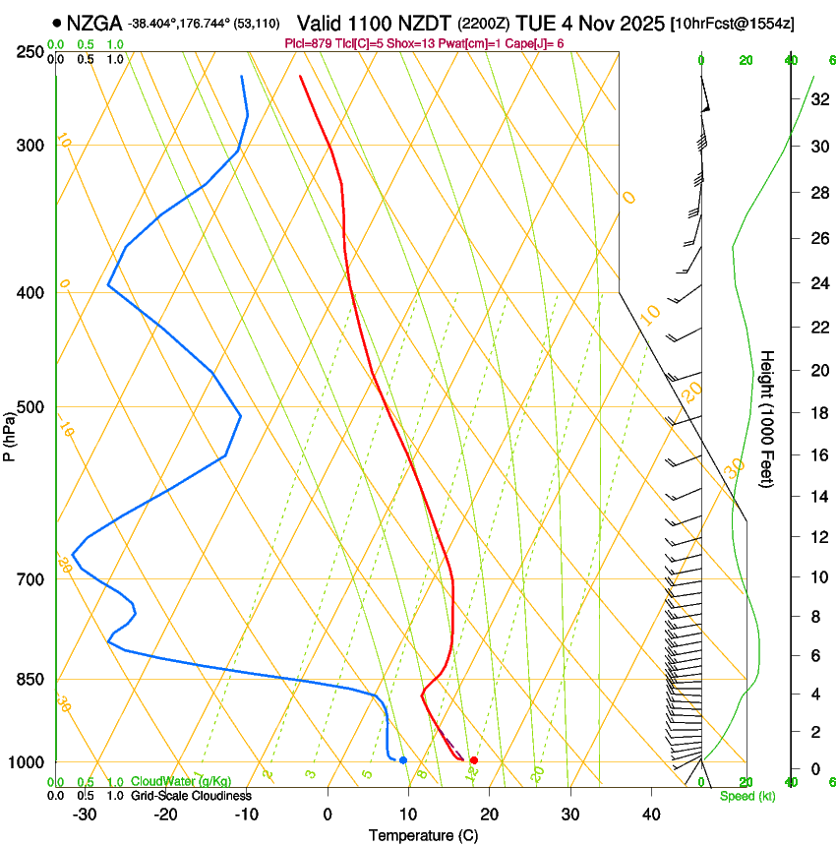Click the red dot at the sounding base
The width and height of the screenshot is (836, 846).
(x=473, y=760)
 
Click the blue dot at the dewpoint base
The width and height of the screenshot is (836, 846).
(x=403, y=760)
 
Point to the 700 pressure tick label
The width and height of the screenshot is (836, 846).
(x=30, y=579)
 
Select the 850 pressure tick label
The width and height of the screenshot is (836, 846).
(x=30, y=680)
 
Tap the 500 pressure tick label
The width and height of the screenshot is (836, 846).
(x=30, y=407)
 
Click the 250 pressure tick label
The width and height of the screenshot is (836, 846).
(x=30, y=51)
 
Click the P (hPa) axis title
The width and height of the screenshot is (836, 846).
(x=10, y=433)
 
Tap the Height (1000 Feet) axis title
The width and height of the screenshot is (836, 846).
(x=768, y=418)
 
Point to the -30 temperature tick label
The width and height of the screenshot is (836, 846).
(x=85, y=815)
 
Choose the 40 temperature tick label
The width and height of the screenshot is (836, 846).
(x=650, y=815)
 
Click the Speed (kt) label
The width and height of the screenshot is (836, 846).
(x=746, y=796)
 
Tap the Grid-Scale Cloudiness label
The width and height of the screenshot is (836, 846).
(x=191, y=795)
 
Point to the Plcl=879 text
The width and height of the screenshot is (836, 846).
(x=308, y=44)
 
